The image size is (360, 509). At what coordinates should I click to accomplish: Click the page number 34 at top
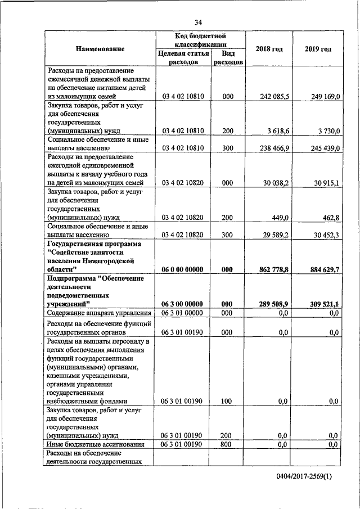198,22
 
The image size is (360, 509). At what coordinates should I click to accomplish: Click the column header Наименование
100,49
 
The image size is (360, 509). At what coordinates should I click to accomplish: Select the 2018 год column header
269,49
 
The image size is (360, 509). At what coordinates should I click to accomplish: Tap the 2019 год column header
318,49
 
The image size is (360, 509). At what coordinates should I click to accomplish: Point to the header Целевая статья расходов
183,58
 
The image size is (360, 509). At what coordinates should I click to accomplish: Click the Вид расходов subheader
228,58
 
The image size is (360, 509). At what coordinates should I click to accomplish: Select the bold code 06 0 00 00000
183,269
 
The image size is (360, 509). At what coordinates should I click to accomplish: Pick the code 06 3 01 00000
183,313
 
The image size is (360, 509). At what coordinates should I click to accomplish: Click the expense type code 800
228,444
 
